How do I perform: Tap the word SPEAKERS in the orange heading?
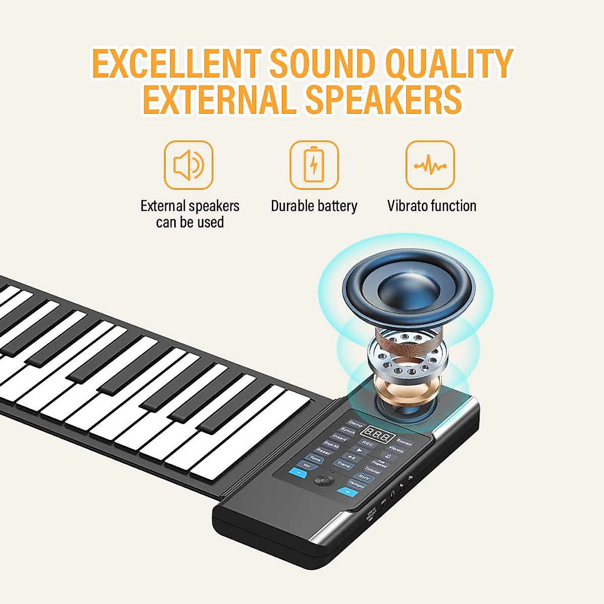383,99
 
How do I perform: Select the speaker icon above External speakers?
189,165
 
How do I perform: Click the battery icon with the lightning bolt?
314,165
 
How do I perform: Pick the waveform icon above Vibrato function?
430,165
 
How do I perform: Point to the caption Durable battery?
314,206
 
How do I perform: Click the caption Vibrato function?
431,206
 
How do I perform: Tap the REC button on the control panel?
368,444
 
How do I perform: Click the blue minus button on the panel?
299,473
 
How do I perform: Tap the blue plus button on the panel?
347,491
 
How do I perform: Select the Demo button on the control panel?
355,424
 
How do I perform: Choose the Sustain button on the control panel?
404,442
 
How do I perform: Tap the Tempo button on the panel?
356,484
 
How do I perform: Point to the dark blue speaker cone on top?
408,289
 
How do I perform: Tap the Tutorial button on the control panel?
372,469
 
